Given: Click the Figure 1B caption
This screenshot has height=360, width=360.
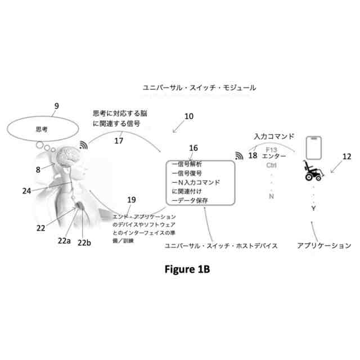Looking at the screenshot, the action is pyautogui.click(x=187, y=269).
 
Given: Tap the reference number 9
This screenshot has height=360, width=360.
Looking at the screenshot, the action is pyautogui.click(x=56, y=105).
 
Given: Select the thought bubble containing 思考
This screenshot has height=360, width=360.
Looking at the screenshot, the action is pyautogui.click(x=42, y=129).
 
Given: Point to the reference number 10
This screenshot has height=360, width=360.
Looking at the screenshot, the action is pyautogui.click(x=189, y=116).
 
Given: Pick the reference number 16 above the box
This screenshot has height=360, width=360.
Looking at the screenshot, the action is pyautogui.click(x=193, y=148).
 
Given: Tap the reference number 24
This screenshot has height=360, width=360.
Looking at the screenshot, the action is pyautogui.click(x=26, y=190).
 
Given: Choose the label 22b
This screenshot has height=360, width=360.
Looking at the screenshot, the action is pyautogui.click(x=84, y=243).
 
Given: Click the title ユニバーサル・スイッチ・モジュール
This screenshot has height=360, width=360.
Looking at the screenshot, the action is pyautogui.click(x=200, y=88).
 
